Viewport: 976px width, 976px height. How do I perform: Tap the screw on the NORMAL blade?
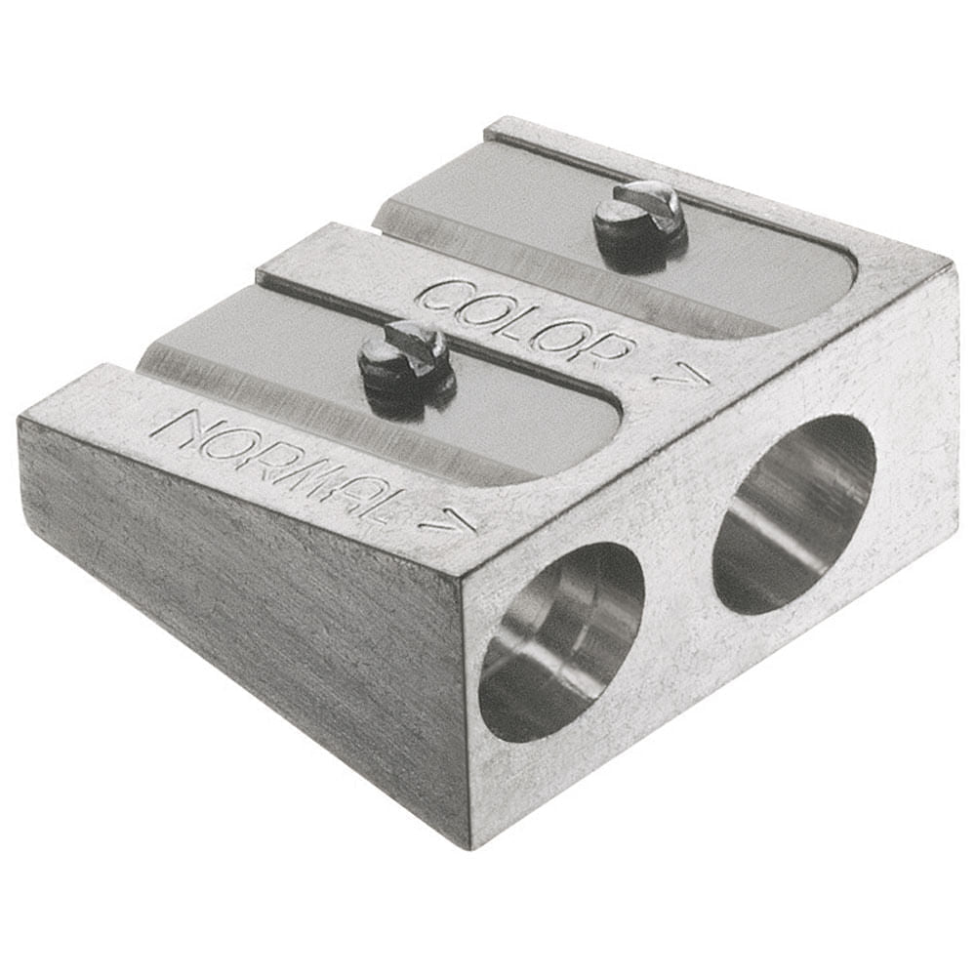[x=405, y=365]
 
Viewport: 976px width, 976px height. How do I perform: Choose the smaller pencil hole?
[x=561, y=641]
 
